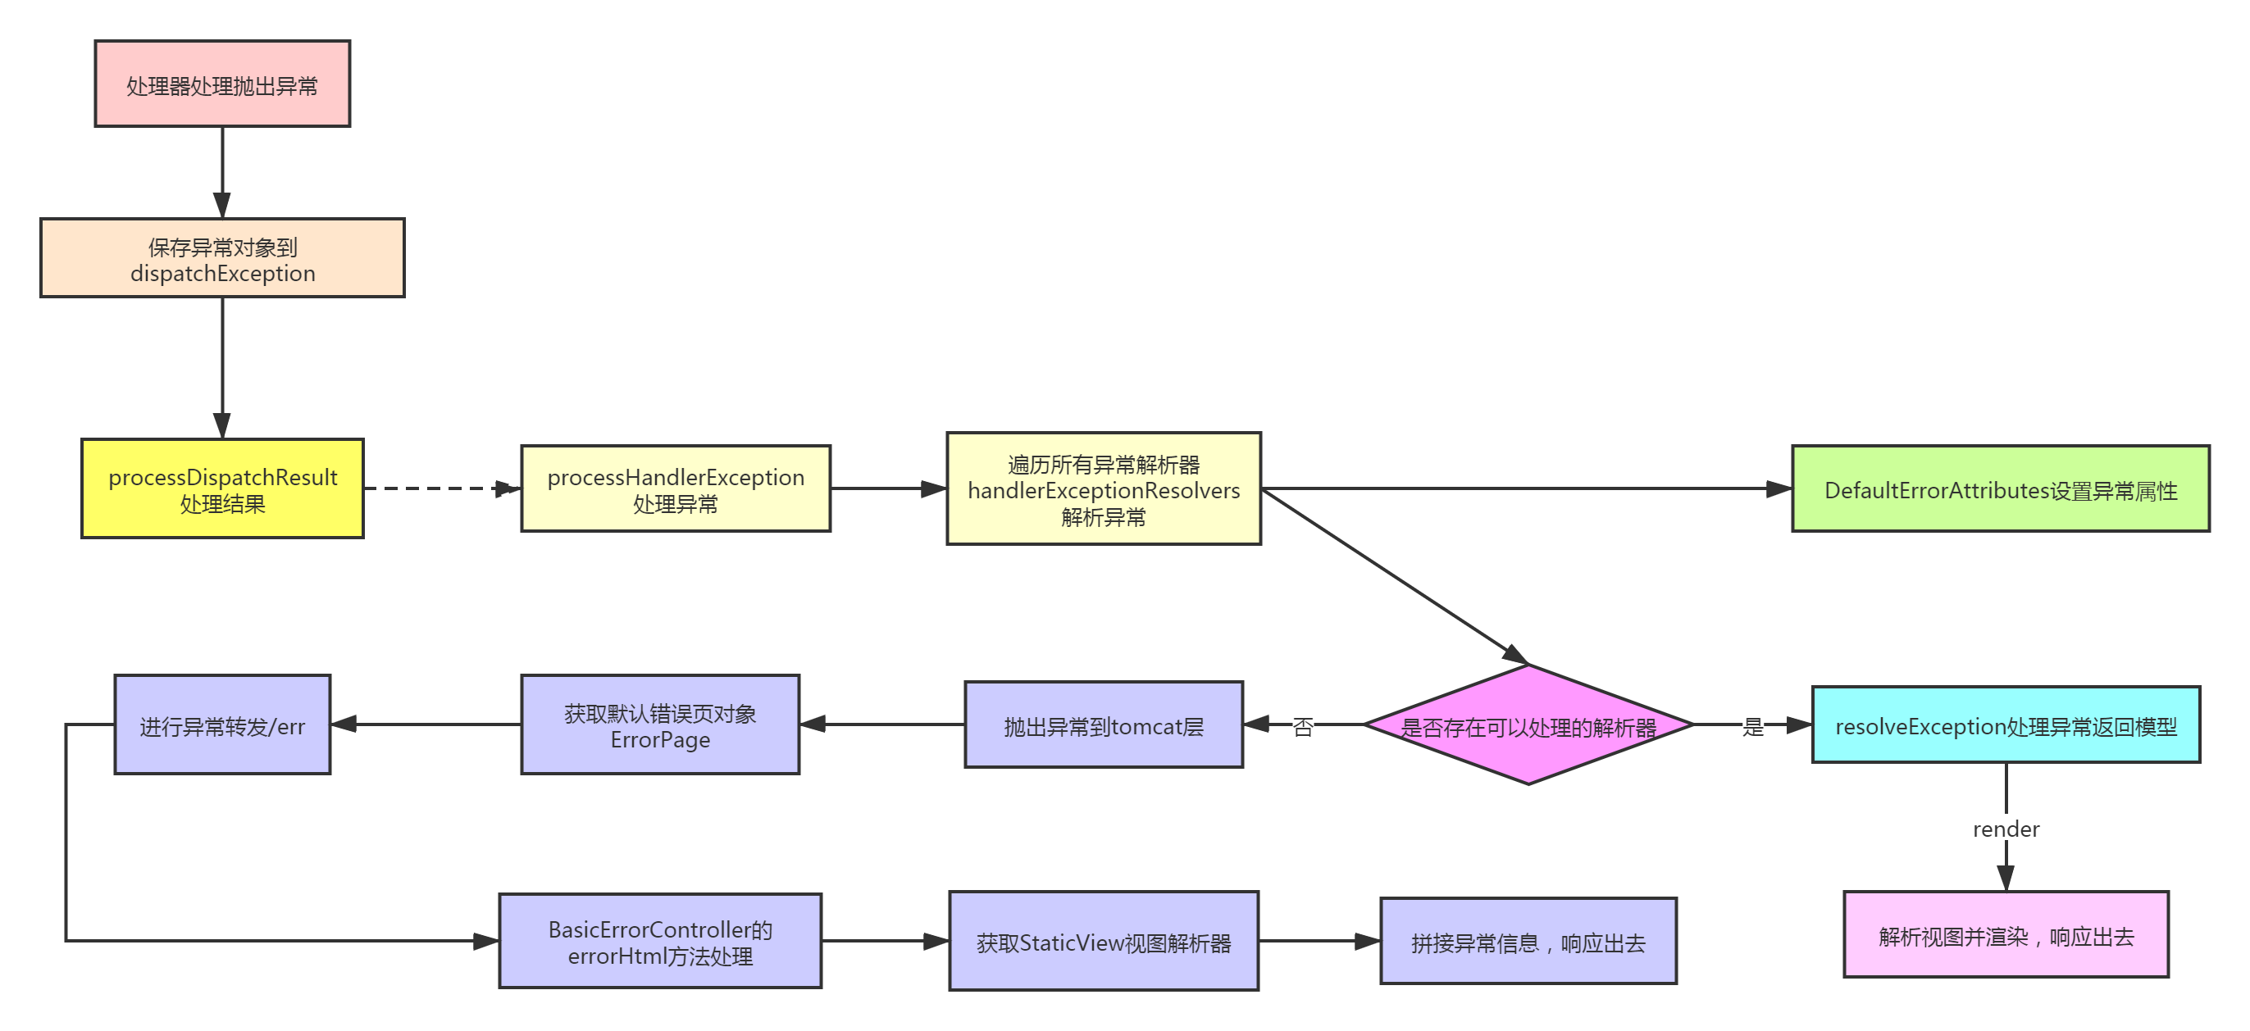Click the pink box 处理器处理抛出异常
coord(222,84)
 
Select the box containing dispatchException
coord(222,258)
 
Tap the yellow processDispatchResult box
coord(222,489)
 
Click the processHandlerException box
coord(675,489)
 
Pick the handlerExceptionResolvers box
coord(1103,489)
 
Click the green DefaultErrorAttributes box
coord(2000,489)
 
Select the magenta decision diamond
coord(1528,725)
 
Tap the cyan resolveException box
coord(2006,725)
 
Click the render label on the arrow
coord(2006,829)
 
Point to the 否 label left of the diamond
coord(1302,725)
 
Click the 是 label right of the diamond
coord(1753,725)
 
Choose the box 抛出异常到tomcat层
coord(1103,725)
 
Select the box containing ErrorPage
coord(659,725)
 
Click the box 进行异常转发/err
coord(222,725)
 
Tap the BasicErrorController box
coord(659,941)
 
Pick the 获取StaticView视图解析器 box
coord(1103,941)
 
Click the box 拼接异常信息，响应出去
coord(1528,941)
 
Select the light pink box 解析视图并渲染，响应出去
coord(2006,935)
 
